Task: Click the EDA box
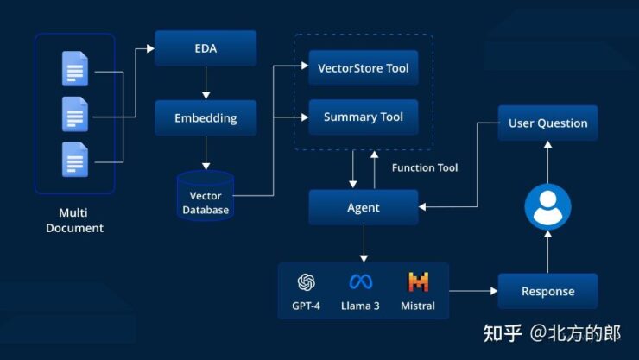206,48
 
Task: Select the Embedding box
206,117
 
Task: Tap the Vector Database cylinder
206,194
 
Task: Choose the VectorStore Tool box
363,67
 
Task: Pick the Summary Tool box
363,117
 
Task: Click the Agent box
363,208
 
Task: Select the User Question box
547,123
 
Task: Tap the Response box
547,291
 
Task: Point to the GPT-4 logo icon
306,282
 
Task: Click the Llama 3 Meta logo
360,282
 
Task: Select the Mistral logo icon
418,282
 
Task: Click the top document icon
75,69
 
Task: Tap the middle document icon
75,114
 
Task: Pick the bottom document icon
75,160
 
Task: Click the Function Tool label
425,167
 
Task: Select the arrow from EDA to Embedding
206,83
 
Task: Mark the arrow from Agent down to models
363,244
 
